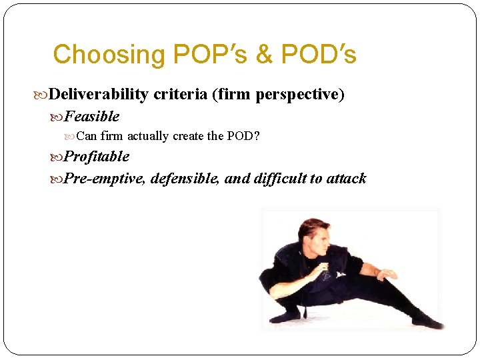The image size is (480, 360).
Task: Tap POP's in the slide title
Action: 196,55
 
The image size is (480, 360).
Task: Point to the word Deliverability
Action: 99,95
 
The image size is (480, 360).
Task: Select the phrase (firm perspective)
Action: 278,95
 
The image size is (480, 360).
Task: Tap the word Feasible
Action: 92,117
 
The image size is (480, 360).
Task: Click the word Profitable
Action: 97,157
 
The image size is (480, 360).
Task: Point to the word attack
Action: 346,179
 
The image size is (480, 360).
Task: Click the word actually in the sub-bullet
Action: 148,137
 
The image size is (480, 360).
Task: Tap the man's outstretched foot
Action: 430,324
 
